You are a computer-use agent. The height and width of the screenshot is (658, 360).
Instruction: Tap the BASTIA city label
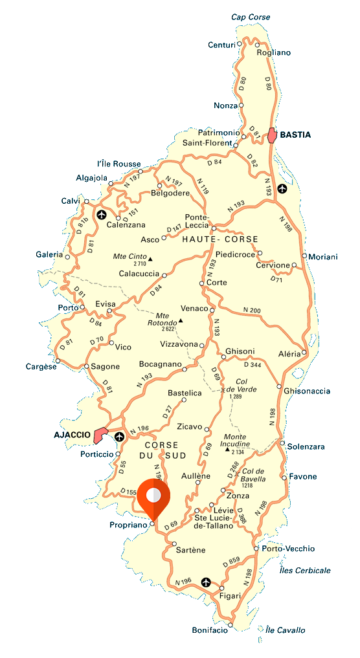point(295,135)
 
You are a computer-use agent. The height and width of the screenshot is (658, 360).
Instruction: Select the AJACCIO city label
point(72,435)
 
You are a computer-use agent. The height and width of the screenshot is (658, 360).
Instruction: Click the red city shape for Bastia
point(273,135)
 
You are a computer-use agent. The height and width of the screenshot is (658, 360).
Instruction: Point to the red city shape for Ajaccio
point(100,435)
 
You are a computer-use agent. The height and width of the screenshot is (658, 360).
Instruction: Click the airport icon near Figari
point(206,582)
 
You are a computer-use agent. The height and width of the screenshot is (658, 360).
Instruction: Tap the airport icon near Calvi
point(101,214)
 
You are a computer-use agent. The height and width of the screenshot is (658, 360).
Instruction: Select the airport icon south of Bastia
point(282,188)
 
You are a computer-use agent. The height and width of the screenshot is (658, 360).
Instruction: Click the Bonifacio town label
point(210,630)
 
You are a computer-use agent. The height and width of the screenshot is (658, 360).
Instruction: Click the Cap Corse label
point(251,17)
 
